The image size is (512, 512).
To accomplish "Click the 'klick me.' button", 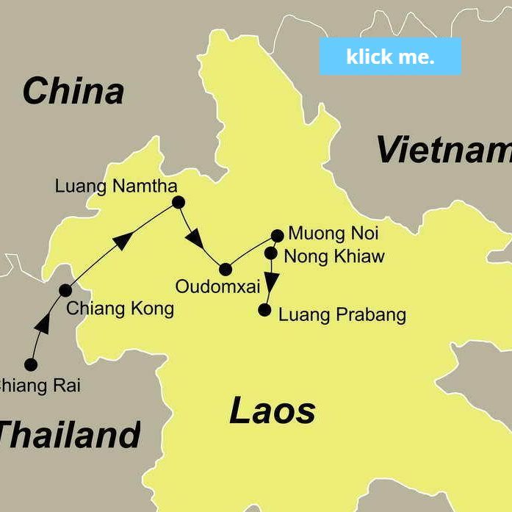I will pyautogui.click(x=390, y=57).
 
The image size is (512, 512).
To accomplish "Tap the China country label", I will pyautogui.click(x=73, y=92).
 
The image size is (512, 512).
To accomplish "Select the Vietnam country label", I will pyautogui.click(x=444, y=150).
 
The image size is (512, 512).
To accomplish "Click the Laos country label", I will pyautogui.click(x=273, y=411).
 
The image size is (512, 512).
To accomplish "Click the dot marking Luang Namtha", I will pyautogui.click(x=178, y=202).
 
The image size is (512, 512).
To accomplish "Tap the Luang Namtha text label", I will pyautogui.click(x=115, y=187).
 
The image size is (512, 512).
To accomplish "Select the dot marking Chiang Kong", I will pyautogui.click(x=65, y=290).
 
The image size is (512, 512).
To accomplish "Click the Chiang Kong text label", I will pyautogui.click(x=120, y=309).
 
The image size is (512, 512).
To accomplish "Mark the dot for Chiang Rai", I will pyautogui.click(x=31, y=364).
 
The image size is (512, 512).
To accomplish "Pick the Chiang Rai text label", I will pyautogui.click(x=40, y=385).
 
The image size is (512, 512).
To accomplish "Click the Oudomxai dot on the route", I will pyautogui.click(x=226, y=269).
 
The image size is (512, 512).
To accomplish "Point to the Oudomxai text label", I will pyautogui.click(x=217, y=286).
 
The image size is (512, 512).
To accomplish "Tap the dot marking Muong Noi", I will pyautogui.click(x=277, y=236).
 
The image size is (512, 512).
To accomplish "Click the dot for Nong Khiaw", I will pyautogui.click(x=270, y=253).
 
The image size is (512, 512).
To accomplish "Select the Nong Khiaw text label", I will pyautogui.click(x=333, y=256).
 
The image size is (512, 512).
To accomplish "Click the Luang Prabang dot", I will pyautogui.click(x=264, y=310).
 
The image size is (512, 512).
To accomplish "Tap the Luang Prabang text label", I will pyautogui.click(x=342, y=315).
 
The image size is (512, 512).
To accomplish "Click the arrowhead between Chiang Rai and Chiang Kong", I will pyautogui.click(x=43, y=322).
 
